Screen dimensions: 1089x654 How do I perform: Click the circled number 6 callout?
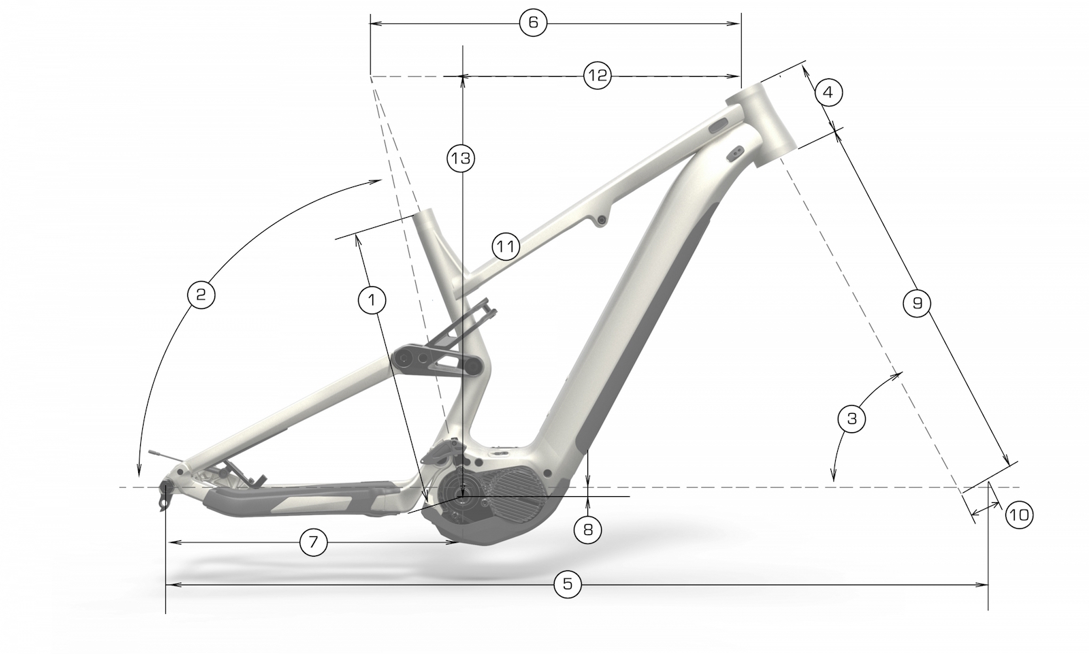pyautogui.click(x=533, y=22)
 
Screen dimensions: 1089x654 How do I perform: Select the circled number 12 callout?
pyautogui.click(x=597, y=76)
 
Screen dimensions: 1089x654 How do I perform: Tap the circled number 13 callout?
pyautogui.click(x=461, y=159)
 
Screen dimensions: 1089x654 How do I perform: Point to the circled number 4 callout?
pyautogui.click(x=828, y=92)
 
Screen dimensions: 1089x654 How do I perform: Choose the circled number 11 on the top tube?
pyautogui.click(x=506, y=247)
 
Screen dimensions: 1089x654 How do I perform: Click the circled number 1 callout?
pyautogui.click(x=372, y=300)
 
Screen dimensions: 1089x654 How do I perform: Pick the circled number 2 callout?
pyautogui.click(x=201, y=294)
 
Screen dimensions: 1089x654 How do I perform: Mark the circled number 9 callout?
pyautogui.click(x=917, y=304)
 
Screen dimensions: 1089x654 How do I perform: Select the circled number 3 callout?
pyautogui.click(x=851, y=419)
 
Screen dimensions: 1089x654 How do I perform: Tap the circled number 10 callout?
pyautogui.click(x=1019, y=515)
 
